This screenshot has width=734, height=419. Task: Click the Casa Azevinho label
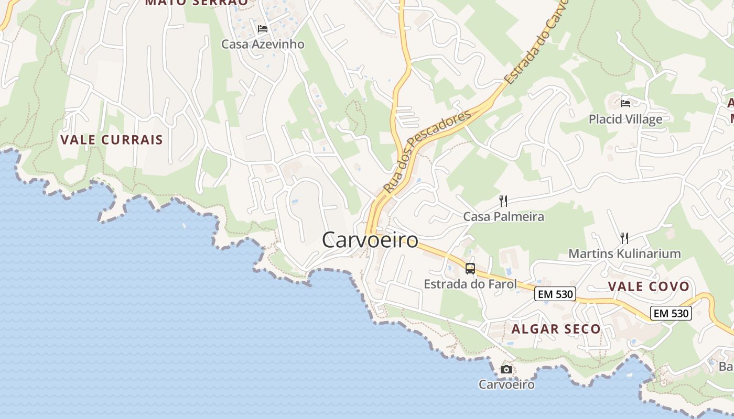pos(263,44)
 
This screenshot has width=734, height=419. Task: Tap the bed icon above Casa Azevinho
pos(263,28)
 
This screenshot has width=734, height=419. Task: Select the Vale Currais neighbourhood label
pos(112,140)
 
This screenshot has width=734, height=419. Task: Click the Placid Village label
pos(625,119)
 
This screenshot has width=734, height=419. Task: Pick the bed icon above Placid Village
pos(625,103)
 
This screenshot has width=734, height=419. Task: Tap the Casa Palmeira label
pos(503,216)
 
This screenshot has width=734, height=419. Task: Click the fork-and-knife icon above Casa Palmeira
pos(503,201)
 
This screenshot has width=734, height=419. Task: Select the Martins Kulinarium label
pos(624,254)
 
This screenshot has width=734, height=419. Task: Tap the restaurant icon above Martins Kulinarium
pos(624,238)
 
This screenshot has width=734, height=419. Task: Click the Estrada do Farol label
pos(470,284)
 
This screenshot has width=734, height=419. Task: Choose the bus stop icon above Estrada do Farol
pos(470,269)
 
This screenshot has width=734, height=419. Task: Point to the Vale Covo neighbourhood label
pos(649,286)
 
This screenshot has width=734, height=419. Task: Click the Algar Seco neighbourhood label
pos(556,329)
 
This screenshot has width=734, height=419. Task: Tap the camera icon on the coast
pos(506,369)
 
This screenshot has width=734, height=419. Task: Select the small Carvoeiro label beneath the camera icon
pos(506,384)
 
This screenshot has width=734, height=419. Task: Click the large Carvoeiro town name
pos(370,240)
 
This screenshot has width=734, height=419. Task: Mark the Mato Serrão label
pos(197,3)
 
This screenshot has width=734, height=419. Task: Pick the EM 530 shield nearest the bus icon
pos(555,294)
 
